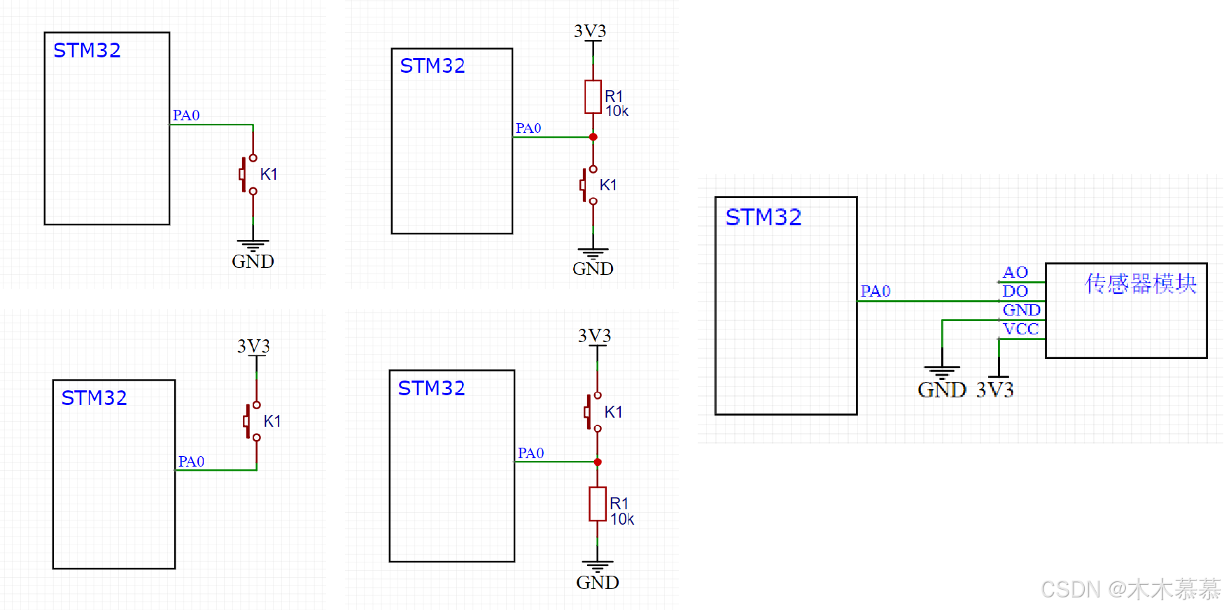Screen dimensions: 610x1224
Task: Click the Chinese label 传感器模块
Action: (x=1140, y=283)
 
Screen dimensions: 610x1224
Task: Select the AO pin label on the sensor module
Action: (x=1015, y=272)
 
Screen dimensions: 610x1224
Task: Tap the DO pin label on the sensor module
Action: (x=1015, y=291)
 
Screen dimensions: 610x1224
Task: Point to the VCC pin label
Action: (x=1020, y=329)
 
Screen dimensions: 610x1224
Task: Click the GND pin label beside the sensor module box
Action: (x=1021, y=310)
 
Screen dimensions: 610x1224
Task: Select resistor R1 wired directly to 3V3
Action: (x=593, y=97)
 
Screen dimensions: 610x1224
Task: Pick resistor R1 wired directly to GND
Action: (x=597, y=504)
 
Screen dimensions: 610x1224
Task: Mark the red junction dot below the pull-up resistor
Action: (x=593, y=137)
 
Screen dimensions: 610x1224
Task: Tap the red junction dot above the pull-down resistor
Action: (x=598, y=462)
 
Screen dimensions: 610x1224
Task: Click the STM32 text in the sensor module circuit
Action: (x=763, y=218)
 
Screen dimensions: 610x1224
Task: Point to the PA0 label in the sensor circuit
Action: (x=875, y=291)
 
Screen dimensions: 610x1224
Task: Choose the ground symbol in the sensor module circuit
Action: (x=942, y=371)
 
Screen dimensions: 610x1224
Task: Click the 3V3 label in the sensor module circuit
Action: (x=994, y=390)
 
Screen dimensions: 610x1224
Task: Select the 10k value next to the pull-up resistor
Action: (x=617, y=111)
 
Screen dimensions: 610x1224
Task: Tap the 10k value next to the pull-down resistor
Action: (x=621, y=519)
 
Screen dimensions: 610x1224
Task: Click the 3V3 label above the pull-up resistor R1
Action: (x=590, y=31)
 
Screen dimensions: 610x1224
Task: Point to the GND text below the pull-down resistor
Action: (x=597, y=582)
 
